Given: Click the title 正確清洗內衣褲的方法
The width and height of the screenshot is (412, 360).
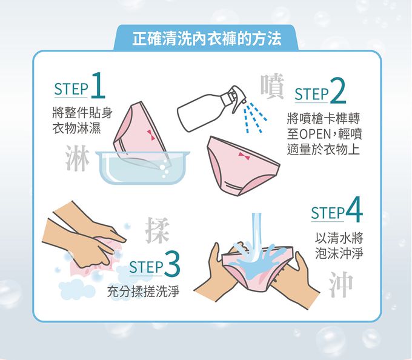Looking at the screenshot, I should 207,39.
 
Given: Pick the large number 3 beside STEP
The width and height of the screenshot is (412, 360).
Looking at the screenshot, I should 173,265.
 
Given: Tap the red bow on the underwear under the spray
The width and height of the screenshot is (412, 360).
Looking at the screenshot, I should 244,156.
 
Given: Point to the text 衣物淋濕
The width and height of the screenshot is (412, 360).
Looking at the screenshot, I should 76,128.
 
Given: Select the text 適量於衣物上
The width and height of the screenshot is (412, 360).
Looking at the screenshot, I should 323,148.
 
